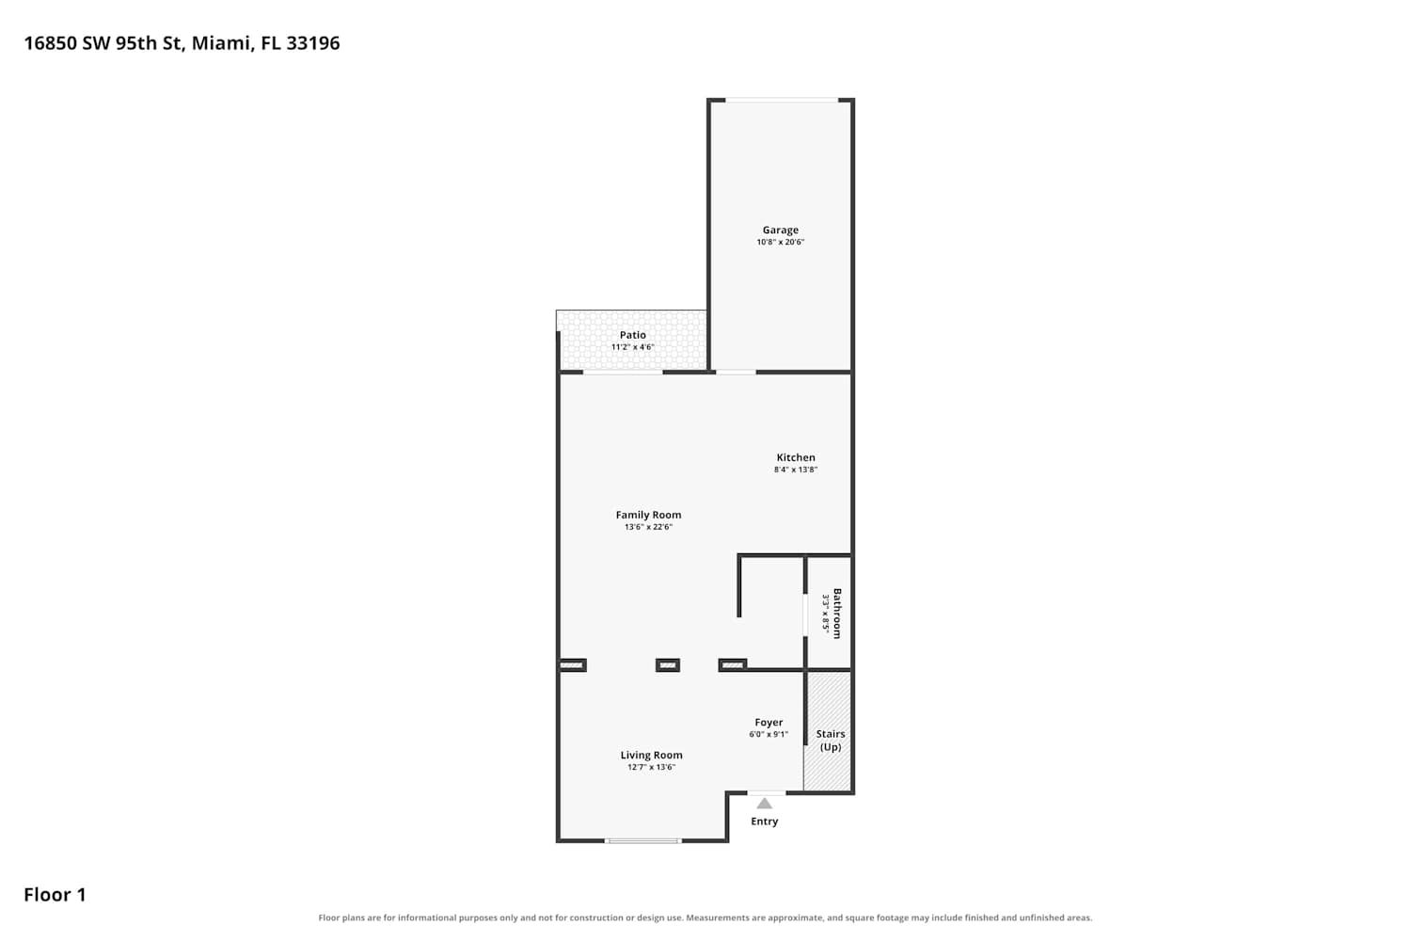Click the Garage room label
(x=781, y=230)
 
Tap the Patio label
(x=632, y=335)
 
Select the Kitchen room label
(x=796, y=457)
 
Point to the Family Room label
(x=648, y=515)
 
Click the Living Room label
(x=651, y=755)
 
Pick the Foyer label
(x=769, y=723)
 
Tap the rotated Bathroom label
(x=837, y=614)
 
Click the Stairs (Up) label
(x=831, y=741)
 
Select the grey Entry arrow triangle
(x=764, y=804)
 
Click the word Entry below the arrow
(x=764, y=821)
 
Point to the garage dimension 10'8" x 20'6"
(x=781, y=242)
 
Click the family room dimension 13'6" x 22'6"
(x=648, y=527)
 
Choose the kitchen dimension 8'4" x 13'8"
(x=796, y=470)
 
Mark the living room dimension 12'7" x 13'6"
(x=651, y=767)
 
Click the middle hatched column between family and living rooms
(x=668, y=665)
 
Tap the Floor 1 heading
(x=55, y=895)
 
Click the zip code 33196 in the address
(x=313, y=43)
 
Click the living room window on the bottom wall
(x=643, y=841)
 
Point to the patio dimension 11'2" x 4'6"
(x=632, y=347)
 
